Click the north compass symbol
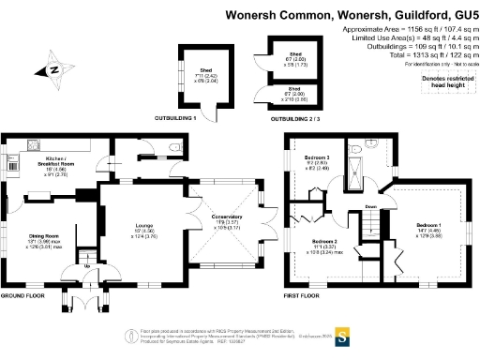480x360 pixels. pos(53,68)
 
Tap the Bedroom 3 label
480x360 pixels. pos(318,157)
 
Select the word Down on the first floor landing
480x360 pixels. pos(371,207)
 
